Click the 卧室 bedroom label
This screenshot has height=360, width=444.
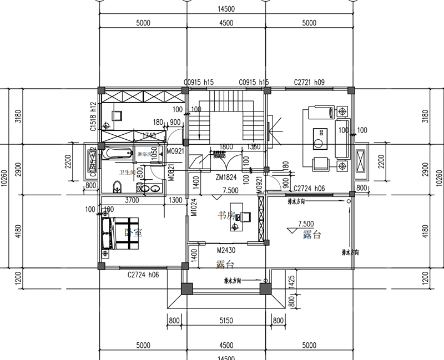[x=134, y=233]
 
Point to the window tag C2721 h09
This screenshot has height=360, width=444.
[x=309, y=82]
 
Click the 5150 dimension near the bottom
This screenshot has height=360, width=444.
[x=225, y=320]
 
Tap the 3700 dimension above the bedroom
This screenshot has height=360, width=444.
[x=132, y=199]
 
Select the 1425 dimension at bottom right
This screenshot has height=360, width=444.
[x=291, y=283]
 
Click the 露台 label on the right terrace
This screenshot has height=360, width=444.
[x=312, y=235]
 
